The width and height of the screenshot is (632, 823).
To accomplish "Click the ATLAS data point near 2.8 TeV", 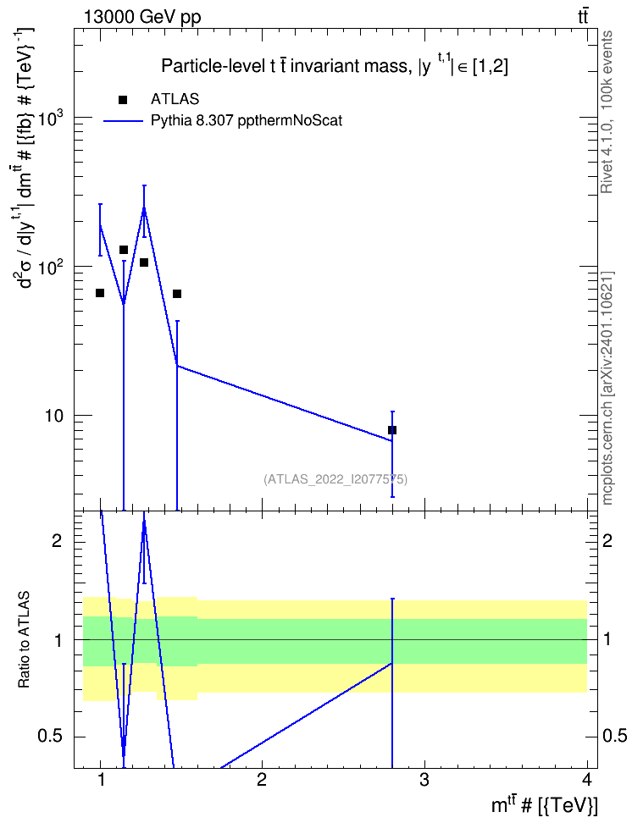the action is coord(392,430).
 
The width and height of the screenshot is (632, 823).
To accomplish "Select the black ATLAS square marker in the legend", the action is coord(123,100).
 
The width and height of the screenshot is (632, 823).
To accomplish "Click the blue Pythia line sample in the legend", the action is coord(123,121).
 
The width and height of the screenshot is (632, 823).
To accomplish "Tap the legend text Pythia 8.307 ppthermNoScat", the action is coord(247,121).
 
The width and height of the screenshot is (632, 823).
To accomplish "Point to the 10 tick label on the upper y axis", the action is coord(53,416).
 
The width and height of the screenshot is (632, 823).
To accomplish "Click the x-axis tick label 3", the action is coord(424,780).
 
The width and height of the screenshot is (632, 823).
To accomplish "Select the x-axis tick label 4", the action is coord(587,780).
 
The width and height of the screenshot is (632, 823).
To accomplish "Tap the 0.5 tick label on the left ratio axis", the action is coord(50,737).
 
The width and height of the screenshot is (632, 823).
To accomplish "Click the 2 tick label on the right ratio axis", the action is coord(607,540).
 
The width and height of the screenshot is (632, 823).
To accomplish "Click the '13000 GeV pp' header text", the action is coord(142,18).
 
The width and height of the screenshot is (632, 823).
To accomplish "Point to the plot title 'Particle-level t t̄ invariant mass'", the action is coord(284,67).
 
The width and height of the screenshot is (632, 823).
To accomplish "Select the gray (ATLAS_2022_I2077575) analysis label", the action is coord(335,478).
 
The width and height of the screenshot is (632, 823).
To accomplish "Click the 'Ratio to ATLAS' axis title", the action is coord(24,639).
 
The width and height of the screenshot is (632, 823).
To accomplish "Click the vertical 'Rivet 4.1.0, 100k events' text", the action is coord(607,112).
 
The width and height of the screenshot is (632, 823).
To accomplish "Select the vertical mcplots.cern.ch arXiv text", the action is coord(607,389).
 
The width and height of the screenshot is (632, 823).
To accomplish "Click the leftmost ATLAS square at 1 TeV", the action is coord(100,293).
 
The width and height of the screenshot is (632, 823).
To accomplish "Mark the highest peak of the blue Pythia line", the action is coord(144,207).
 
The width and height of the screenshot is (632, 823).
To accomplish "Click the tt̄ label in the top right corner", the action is coord(583,17).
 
